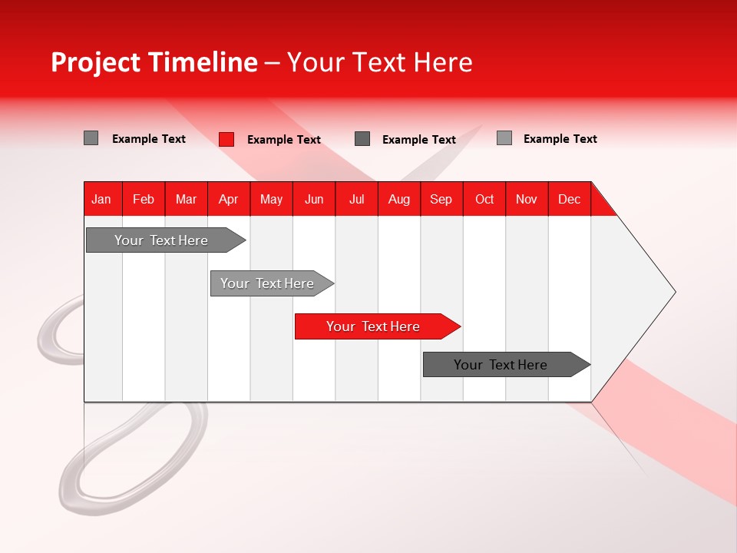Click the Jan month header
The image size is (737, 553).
point(101,199)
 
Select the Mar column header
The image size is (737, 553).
point(186,199)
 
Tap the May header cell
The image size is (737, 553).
point(271,199)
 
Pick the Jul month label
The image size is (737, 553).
point(356,199)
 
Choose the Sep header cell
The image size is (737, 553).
point(441,199)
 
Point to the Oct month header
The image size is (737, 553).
point(484,199)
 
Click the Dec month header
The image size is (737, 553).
point(569,199)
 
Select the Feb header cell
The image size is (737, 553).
point(144,199)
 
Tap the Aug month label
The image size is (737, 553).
point(398,199)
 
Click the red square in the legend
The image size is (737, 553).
point(226,139)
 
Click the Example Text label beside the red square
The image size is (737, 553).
point(283,140)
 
